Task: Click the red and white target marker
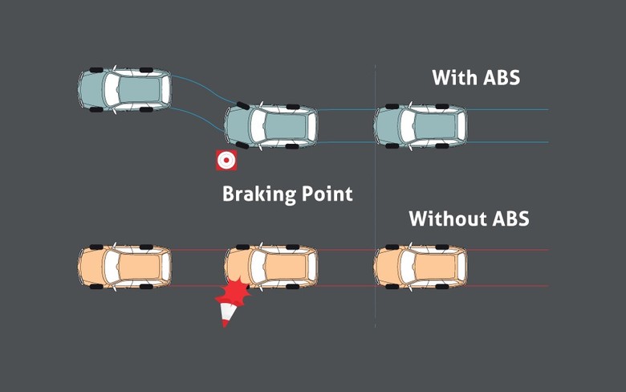pyautogui.click(x=226, y=160)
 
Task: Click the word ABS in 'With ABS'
pyautogui.click(x=498, y=78)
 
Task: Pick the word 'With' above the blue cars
pyautogui.click(x=453, y=78)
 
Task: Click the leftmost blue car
pyautogui.click(x=125, y=88)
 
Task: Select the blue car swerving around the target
pyautogui.click(x=271, y=125)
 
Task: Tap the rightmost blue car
pyautogui.click(x=421, y=125)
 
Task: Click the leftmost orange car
pyautogui.click(x=125, y=266)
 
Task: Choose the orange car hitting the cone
pyautogui.click(x=271, y=266)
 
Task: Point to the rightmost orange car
pyautogui.click(x=421, y=266)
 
